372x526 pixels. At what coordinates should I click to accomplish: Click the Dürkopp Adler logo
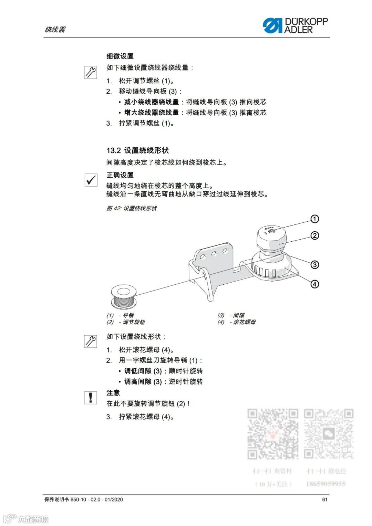tap(295, 25)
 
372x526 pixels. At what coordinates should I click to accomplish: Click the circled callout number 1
tap(315, 219)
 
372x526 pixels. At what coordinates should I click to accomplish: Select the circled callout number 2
tap(315, 236)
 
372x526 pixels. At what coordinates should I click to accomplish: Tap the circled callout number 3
tap(315, 265)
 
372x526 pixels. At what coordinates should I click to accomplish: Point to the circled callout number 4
tap(315, 284)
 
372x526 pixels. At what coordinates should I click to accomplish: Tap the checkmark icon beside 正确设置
tap(91, 180)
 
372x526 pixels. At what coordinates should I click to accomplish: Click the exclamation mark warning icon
tap(91, 398)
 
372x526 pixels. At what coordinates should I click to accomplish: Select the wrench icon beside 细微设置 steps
tap(91, 72)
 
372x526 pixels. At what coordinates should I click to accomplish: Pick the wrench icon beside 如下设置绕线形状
tap(91, 341)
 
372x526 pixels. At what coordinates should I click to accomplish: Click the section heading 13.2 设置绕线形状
tap(137, 150)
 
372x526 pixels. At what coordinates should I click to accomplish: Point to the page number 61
tap(324, 499)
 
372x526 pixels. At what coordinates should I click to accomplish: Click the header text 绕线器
tap(55, 30)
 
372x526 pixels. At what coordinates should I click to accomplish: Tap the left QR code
tap(273, 434)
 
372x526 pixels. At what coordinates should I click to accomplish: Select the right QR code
tap(329, 434)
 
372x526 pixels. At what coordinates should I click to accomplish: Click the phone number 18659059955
tap(325, 484)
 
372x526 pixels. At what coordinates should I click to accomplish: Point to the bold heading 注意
tap(113, 393)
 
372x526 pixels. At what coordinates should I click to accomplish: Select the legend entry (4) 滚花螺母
tap(236, 322)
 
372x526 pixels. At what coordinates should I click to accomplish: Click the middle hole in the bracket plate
tap(214, 254)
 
